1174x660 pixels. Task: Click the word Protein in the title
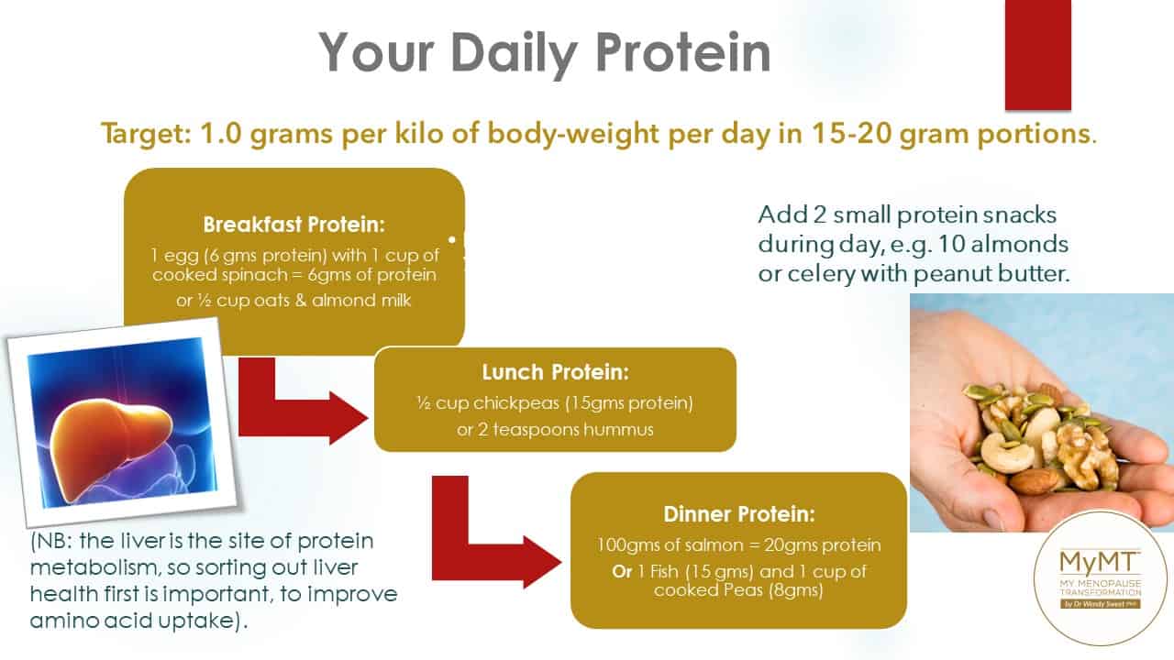[682, 52]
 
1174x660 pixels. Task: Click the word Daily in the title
[514, 55]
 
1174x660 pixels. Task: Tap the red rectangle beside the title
[1037, 55]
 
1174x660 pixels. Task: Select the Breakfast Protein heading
[294, 225]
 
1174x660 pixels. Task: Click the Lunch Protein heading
[555, 372]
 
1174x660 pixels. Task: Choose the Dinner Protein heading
[739, 514]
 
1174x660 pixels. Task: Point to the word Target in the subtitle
[146, 135]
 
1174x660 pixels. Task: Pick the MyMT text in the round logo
[1099, 563]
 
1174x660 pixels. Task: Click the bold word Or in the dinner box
[622, 571]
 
